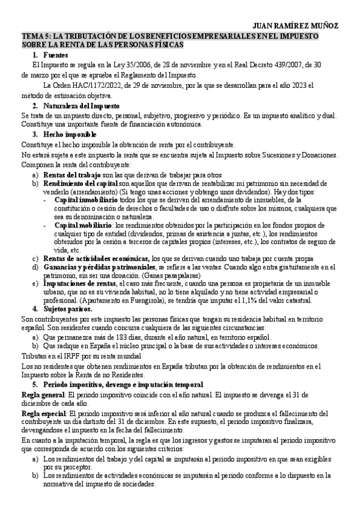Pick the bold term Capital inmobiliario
88,199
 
